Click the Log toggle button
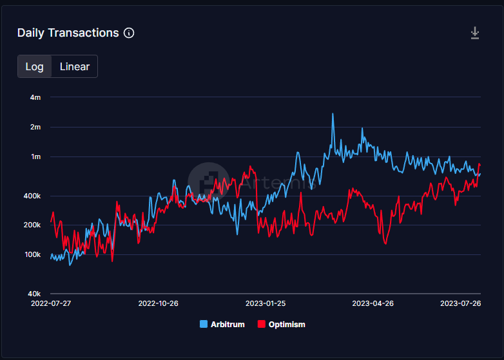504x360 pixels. click(x=34, y=66)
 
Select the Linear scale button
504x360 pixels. click(x=75, y=66)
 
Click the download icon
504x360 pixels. click(x=475, y=33)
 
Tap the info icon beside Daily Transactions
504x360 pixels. click(x=129, y=33)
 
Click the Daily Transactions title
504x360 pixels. click(x=68, y=33)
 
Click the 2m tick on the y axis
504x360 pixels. click(x=35, y=127)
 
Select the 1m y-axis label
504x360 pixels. click(x=35, y=156)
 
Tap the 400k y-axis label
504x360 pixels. click(x=32, y=196)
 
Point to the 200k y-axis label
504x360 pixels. click(x=32, y=225)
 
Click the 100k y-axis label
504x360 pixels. click(x=32, y=254)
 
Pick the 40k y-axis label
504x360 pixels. click(x=34, y=294)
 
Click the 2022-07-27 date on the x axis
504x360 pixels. click(x=50, y=303)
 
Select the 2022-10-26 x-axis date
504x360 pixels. click(x=158, y=303)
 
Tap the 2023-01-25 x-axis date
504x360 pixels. click(x=266, y=303)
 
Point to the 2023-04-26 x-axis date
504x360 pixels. click(x=373, y=303)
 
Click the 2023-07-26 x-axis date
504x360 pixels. click(x=460, y=303)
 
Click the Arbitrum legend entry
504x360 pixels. click(x=222, y=325)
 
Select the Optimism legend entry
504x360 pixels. click(x=281, y=325)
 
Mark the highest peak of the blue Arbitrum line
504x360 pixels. click(x=333, y=114)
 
